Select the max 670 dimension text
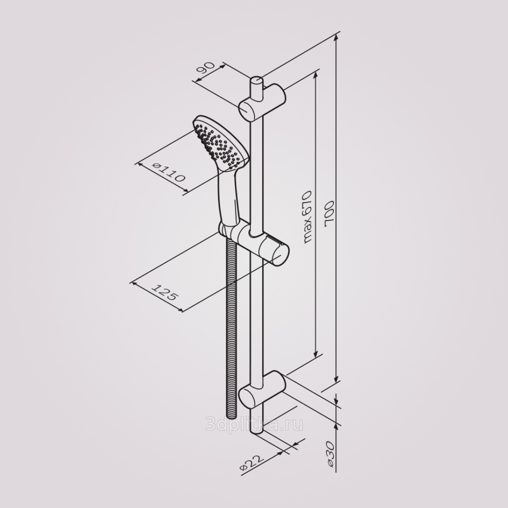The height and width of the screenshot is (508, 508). click(306, 217)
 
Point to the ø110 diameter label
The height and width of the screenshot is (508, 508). click(169, 172)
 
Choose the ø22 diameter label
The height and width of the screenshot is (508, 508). click(251, 465)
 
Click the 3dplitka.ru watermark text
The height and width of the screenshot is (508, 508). click(255, 424)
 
